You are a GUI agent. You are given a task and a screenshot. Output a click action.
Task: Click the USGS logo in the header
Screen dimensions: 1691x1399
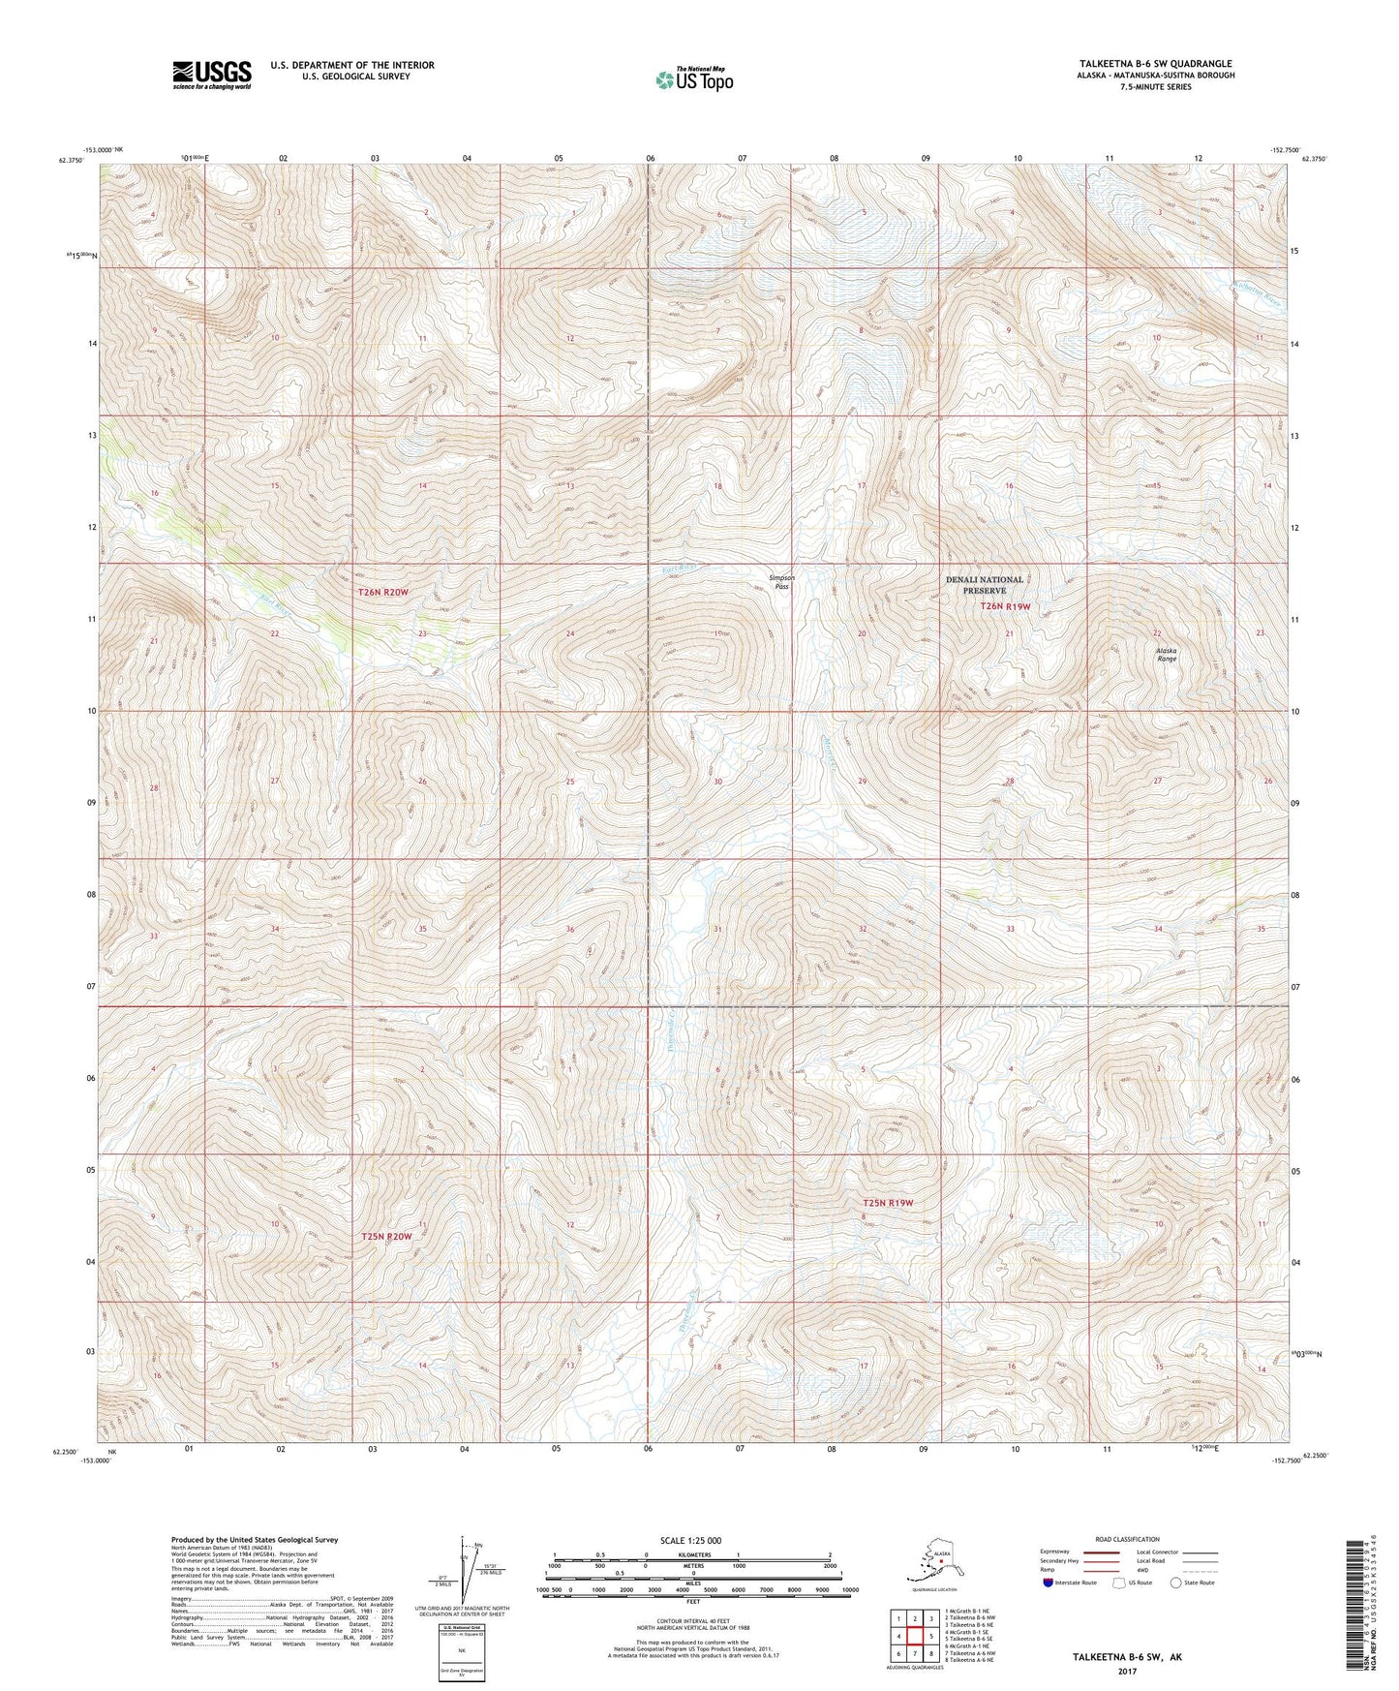click(x=211, y=75)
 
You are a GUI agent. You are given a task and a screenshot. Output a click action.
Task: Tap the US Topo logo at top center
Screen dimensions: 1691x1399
click(x=693, y=78)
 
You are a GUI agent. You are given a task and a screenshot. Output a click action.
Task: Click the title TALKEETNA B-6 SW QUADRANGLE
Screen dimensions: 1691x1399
click(x=1149, y=64)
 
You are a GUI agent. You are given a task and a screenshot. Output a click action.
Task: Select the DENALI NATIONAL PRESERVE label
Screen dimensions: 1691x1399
click(x=984, y=585)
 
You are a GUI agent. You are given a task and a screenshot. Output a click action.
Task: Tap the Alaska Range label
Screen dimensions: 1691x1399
click(x=1166, y=654)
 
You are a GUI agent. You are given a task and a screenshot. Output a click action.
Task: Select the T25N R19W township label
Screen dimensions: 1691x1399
click(x=888, y=1203)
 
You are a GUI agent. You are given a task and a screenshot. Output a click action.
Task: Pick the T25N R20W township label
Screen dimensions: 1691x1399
click(x=386, y=1237)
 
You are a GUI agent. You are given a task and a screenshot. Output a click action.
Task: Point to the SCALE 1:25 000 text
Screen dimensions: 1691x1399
click(x=691, y=1540)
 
